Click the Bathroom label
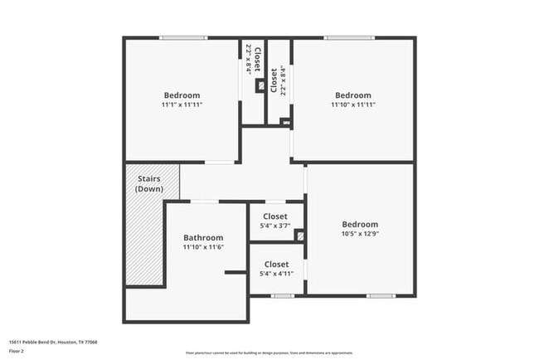coord(203,236)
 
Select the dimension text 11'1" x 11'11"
coord(182,105)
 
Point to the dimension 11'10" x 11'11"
coord(352,105)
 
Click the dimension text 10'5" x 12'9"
coord(360,235)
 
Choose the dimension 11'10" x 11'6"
coord(203,247)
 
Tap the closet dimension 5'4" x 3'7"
coord(275,226)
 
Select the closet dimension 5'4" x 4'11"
coord(276,274)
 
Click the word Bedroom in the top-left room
coord(182,95)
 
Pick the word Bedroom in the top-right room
coord(352,95)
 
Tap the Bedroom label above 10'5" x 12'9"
coord(360,224)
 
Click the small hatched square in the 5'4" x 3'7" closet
coord(300,236)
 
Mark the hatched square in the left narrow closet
coord(260,85)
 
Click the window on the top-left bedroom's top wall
coord(183,37)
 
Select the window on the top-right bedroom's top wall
coord(349,37)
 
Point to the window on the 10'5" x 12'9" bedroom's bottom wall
coord(381,296)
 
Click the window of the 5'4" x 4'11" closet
coord(283,296)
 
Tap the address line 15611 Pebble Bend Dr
coord(53,342)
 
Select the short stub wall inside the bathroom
coord(236,272)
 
